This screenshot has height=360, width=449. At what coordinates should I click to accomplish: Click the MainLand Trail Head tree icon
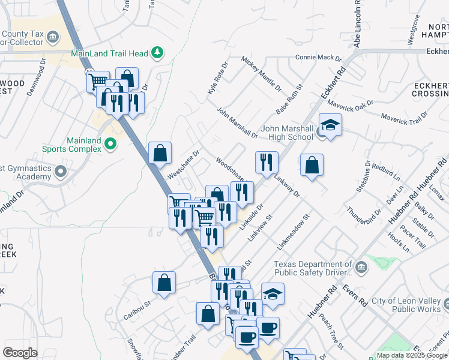point(157,53)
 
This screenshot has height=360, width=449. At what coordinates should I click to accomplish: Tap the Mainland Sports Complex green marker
point(110,144)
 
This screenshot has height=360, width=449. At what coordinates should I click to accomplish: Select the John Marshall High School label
point(288,133)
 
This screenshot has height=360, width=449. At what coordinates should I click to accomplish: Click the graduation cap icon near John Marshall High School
point(330,125)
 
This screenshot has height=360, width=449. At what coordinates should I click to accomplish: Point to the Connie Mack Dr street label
point(318,59)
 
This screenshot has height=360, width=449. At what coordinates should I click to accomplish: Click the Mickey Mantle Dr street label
point(261,74)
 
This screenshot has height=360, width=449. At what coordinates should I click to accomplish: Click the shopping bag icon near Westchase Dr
point(160,153)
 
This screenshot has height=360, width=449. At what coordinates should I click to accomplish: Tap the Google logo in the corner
point(20,352)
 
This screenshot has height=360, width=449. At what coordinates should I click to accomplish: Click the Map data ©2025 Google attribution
point(411,355)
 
